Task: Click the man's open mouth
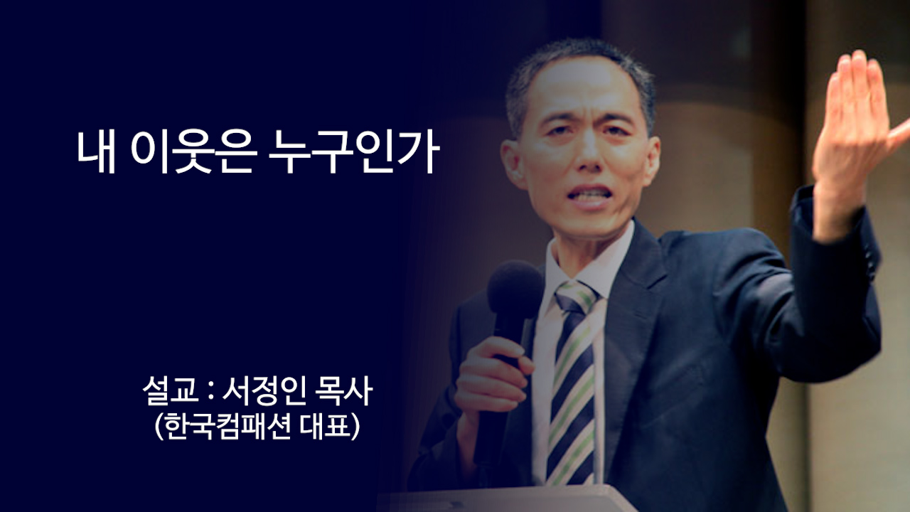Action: tap(589, 195)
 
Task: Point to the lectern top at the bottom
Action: tap(512, 498)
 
